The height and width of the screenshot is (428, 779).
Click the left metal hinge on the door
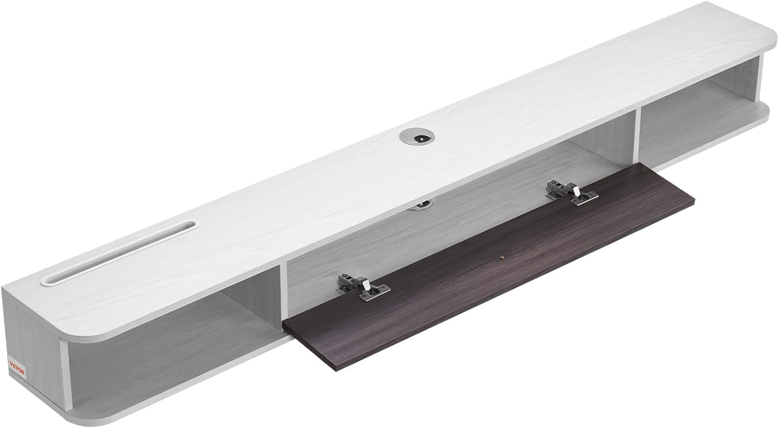click(362, 287)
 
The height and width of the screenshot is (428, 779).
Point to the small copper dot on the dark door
click(501, 257)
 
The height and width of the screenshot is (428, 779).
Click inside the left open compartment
click(167, 334)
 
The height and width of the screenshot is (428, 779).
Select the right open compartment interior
click(699, 115)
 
